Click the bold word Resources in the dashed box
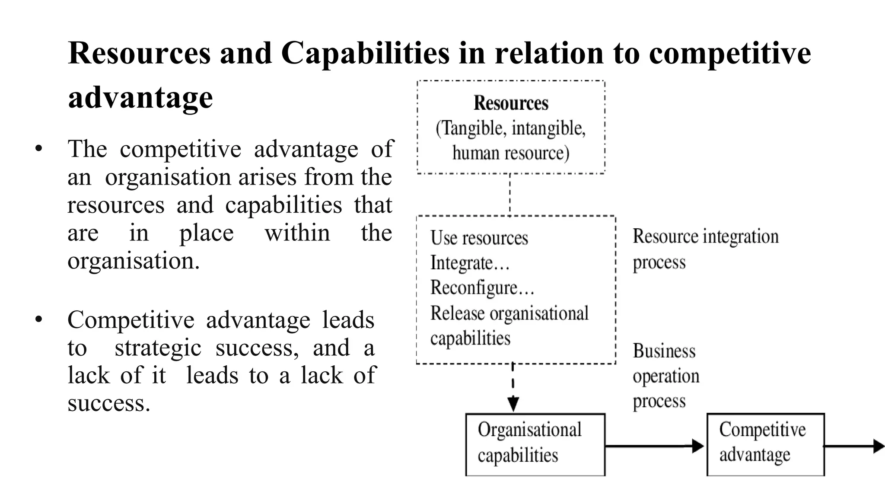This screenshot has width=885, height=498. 511,103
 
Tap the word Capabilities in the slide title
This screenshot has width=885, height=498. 365,53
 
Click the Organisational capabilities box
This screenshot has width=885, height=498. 535,444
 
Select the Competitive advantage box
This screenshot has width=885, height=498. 765,444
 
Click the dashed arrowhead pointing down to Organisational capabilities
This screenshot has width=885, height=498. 513,404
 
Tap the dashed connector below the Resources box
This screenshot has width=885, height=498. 510,195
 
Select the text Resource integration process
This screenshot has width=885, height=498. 705,249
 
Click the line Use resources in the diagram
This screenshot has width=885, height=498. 479,238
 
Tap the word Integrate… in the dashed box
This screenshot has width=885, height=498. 470,263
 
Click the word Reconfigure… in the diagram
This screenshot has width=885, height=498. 482,288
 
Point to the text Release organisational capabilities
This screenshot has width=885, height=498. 509,325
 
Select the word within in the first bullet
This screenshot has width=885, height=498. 297,233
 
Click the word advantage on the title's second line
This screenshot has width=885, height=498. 140,97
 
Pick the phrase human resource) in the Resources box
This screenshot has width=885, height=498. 511,153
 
